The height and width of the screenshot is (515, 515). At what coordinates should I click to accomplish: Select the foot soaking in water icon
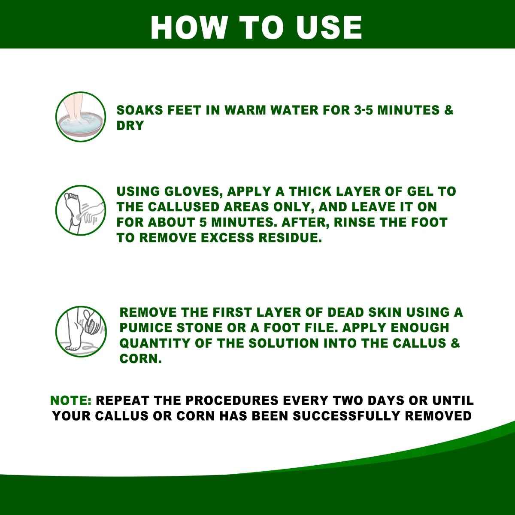pos(75,117)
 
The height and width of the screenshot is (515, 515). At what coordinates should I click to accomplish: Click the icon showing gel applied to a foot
pos(75,209)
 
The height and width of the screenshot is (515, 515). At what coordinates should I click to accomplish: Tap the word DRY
pos(130,126)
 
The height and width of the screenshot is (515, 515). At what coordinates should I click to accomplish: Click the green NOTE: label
pos(71,400)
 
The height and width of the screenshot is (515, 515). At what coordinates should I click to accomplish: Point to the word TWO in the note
pos(346,400)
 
